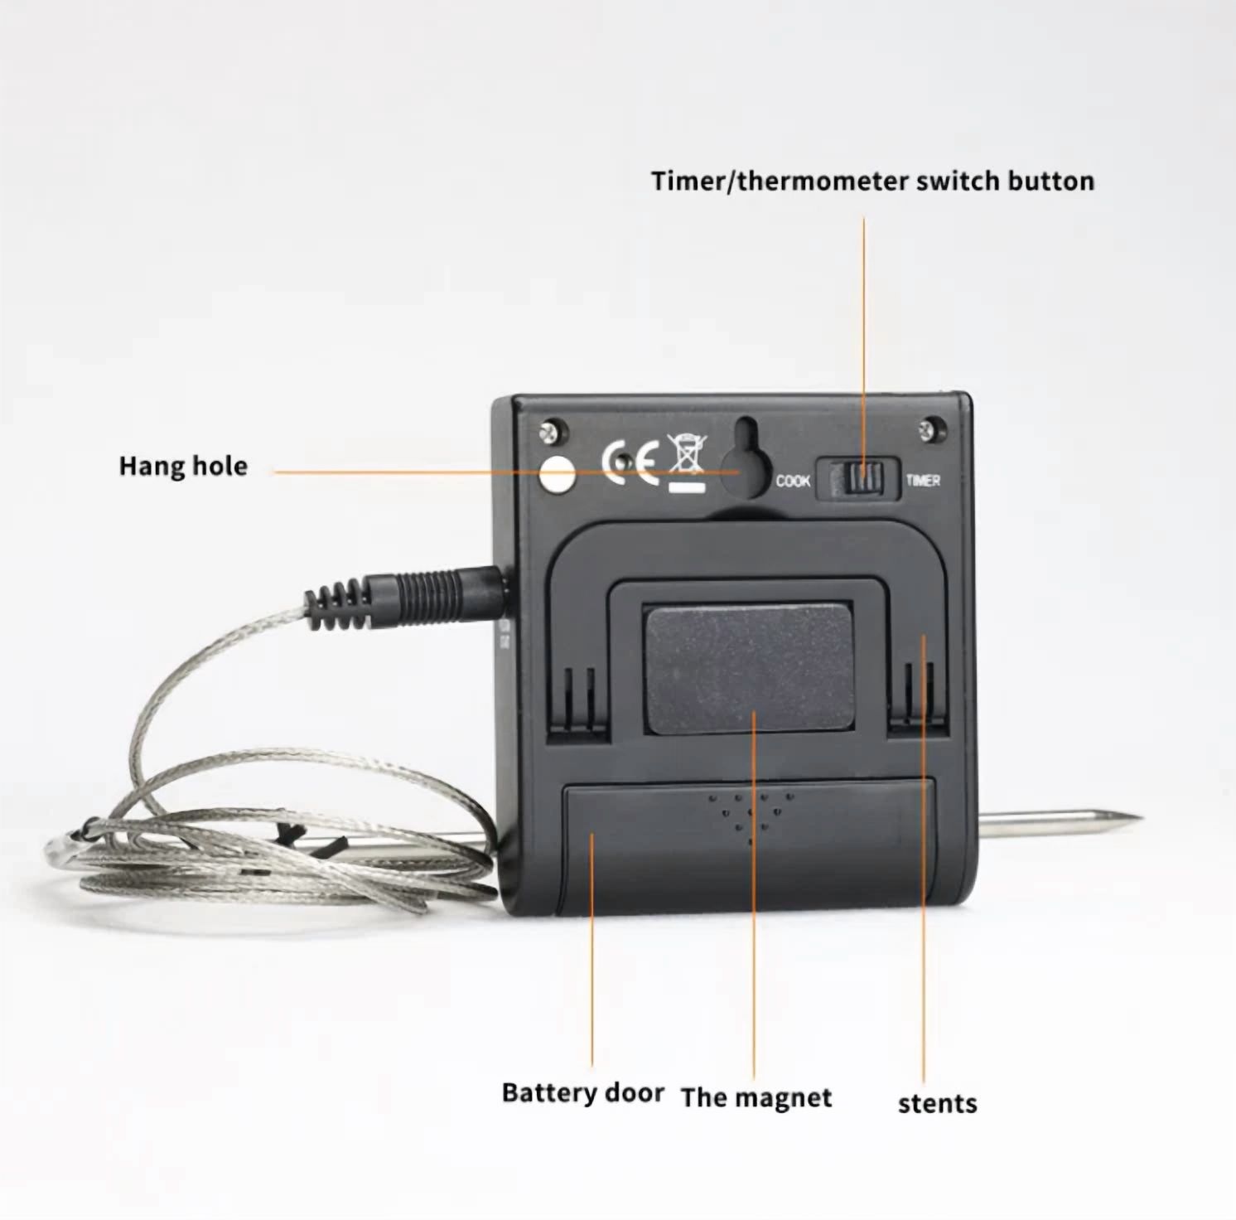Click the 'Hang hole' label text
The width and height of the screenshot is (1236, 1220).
click(x=183, y=466)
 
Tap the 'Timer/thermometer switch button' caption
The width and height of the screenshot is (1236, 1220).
click(x=872, y=181)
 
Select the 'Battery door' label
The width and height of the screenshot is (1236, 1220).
click(x=582, y=1093)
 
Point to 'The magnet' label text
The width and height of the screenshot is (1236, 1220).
click(x=756, y=1097)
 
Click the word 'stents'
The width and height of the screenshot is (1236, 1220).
click(x=937, y=1103)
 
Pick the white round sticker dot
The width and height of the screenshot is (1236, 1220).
click(x=557, y=474)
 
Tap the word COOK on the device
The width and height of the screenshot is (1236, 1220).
click(x=793, y=481)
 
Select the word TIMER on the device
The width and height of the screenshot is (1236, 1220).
click(x=923, y=480)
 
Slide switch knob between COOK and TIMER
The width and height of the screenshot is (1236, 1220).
click(x=863, y=479)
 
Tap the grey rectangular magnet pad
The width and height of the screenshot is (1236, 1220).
click(x=749, y=670)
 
